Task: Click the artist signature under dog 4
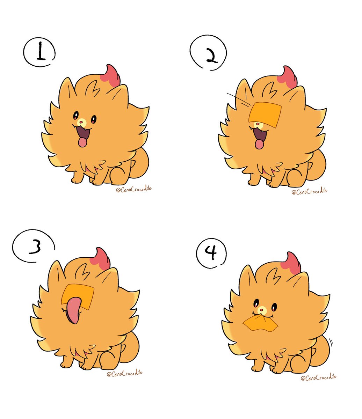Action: (x=318, y=377)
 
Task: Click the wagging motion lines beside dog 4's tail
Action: (x=331, y=340)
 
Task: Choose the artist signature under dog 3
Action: (x=124, y=373)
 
